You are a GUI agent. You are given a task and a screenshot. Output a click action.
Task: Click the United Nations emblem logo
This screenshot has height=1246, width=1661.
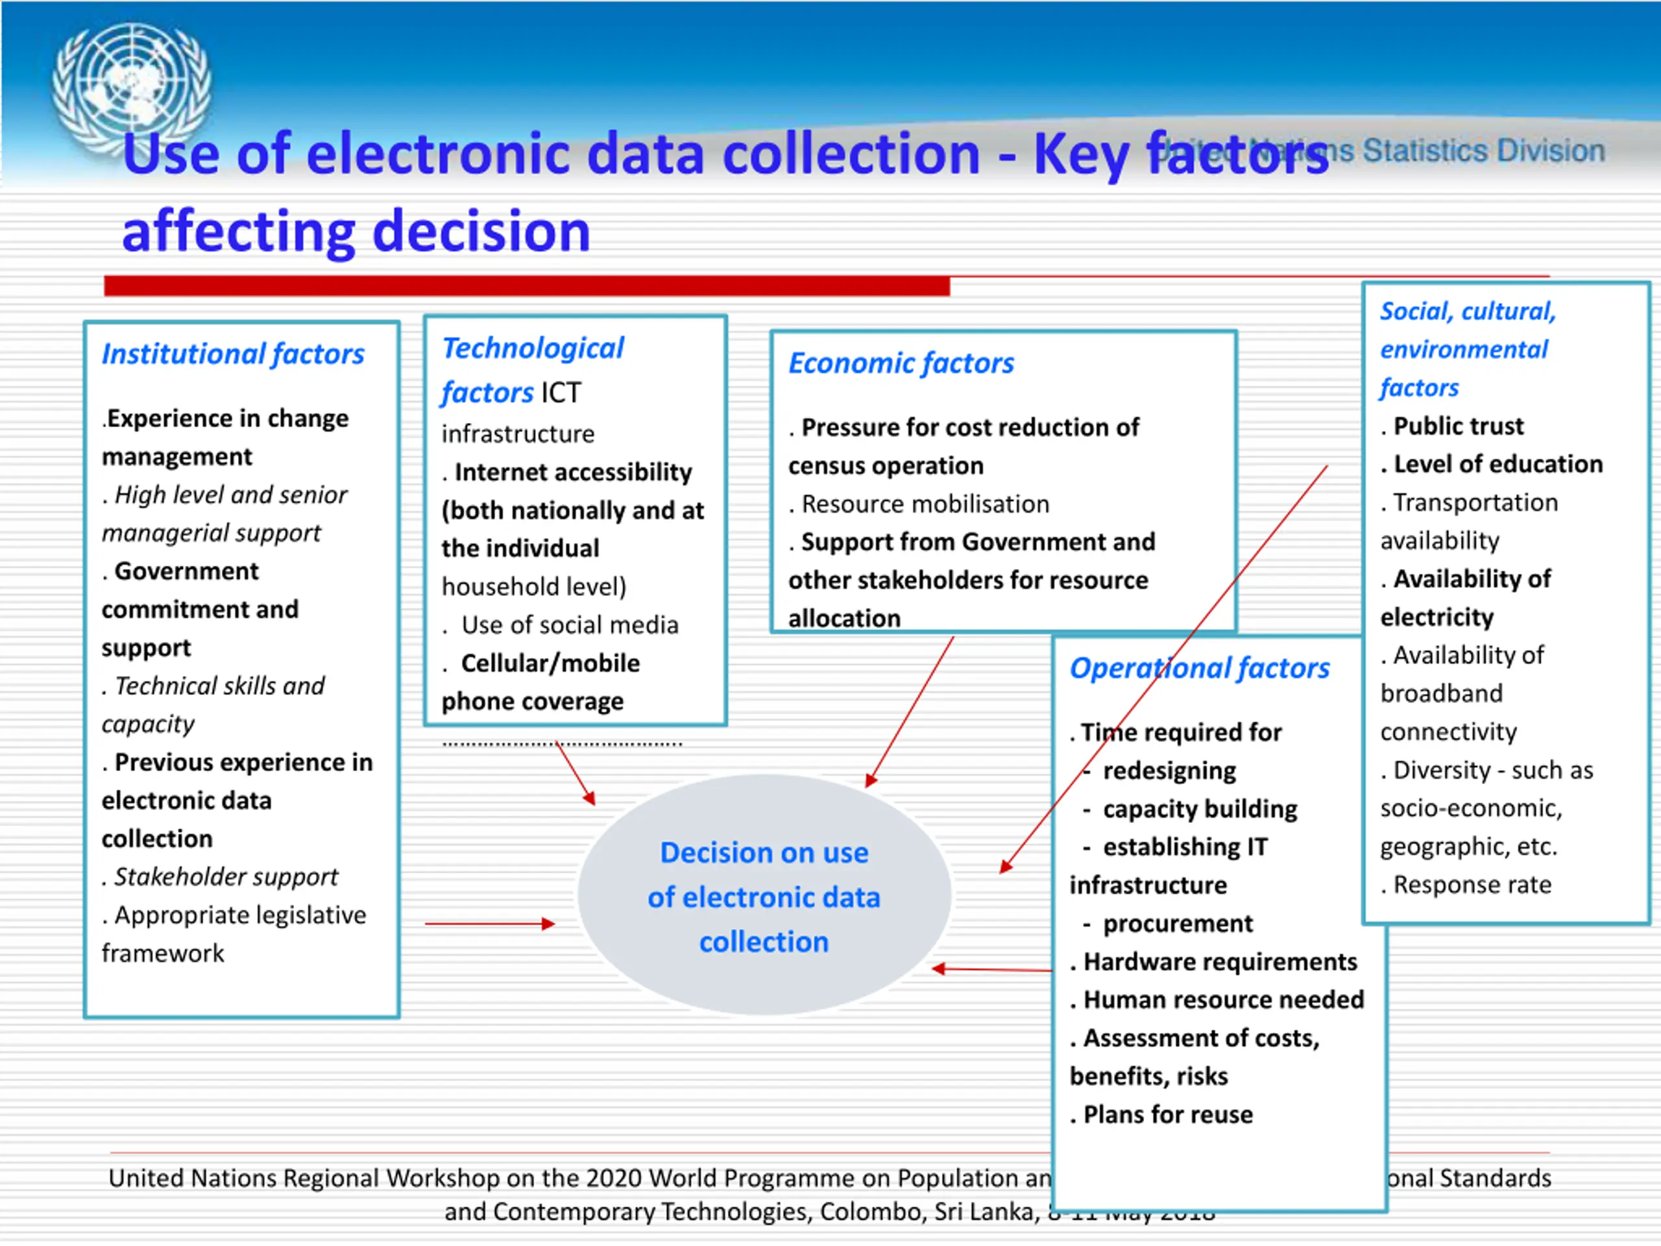132,86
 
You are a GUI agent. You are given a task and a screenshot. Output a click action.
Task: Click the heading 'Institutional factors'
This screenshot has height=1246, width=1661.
233,354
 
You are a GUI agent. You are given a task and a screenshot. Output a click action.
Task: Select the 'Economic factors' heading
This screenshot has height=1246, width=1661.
901,363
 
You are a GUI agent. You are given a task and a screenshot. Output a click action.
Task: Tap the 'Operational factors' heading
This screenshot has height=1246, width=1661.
1199,668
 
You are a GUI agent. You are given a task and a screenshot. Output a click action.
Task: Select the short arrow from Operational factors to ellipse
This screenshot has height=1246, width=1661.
991,970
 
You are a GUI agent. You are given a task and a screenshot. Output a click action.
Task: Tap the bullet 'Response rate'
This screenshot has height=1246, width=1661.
1471,885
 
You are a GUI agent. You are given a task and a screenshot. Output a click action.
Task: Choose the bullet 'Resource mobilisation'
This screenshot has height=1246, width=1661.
925,504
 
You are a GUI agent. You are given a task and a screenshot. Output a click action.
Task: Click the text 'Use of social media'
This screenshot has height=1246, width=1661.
569,625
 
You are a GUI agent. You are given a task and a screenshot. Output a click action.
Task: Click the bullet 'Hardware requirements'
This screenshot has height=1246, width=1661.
1219,962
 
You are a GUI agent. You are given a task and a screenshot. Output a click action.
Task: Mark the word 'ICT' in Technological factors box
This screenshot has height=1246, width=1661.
561,393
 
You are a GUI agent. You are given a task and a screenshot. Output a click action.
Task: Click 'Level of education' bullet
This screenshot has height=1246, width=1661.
1497,464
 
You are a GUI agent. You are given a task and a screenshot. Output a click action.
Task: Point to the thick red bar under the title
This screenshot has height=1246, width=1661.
526,286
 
